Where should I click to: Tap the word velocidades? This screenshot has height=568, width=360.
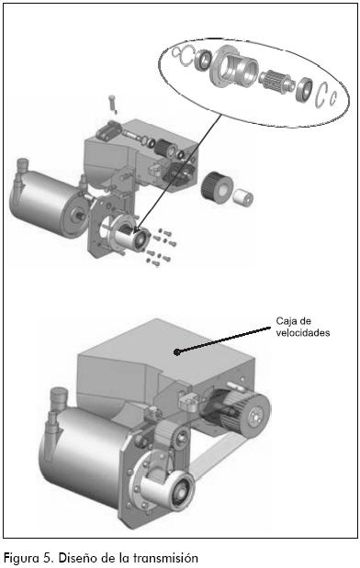coord(303,332)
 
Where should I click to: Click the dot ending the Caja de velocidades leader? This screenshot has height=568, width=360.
coord(176,351)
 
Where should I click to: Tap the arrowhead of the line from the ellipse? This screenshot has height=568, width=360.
coord(136,230)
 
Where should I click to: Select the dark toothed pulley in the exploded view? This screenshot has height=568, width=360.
coord(216,187)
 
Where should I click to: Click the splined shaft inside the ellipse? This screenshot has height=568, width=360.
coord(275,81)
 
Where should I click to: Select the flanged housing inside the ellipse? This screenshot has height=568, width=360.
coord(234,69)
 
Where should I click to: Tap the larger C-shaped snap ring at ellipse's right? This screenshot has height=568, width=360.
coord(321,95)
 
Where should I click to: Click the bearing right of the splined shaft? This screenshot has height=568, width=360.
coord(303,89)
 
